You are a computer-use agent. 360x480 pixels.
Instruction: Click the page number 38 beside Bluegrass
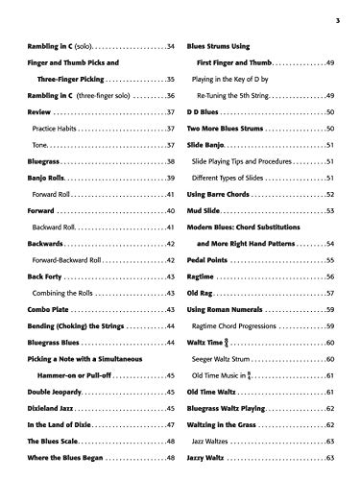[x=169, y=162]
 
